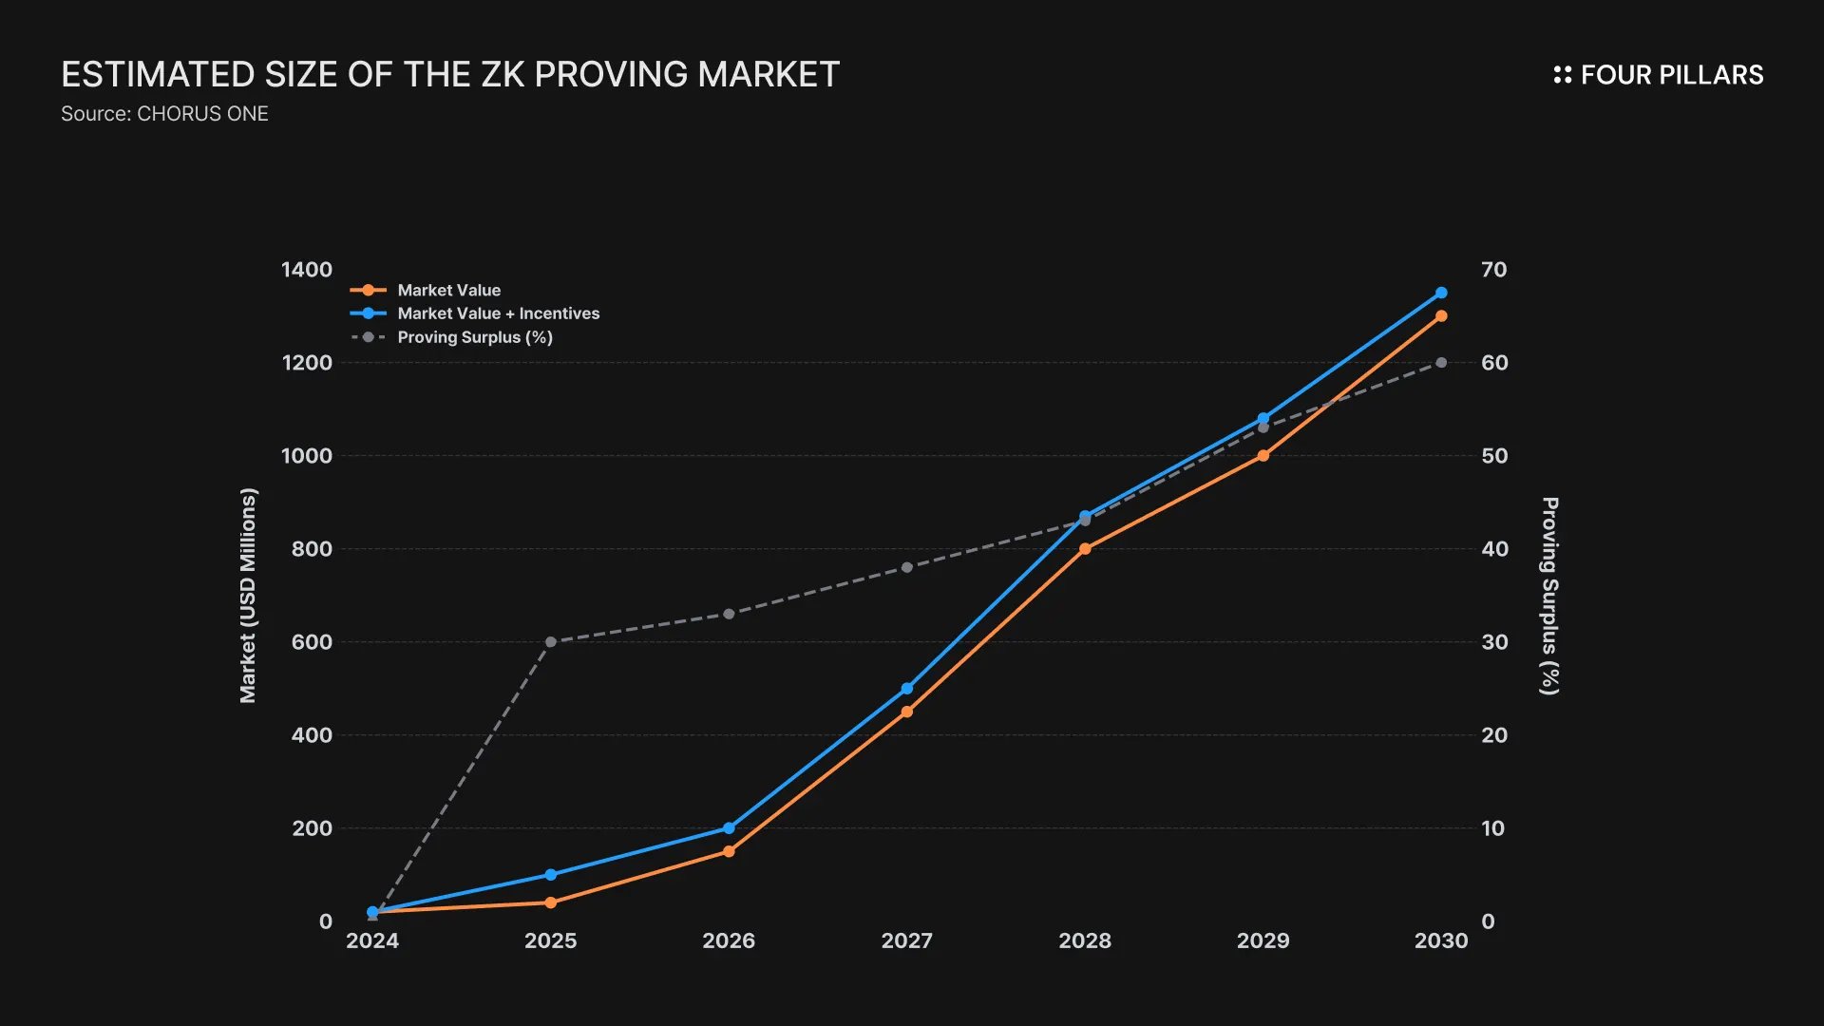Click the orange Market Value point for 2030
(x=1441, y=316)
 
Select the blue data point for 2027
(x=906, y=688)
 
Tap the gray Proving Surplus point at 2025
(x=551, y=642)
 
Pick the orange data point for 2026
(x=729, y=851)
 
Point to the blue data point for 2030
(x=1441, y=293)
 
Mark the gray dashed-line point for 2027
(x=906, y=567)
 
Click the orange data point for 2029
(x=1263, y=456)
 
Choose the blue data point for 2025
(x=551, y=874)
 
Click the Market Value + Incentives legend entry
(x=498, y=313)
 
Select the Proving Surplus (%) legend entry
(x=474, y=337)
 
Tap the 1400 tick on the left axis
(x=307, y=270)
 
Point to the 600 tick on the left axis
(x=312, y=642)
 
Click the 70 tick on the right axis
(x=1493, y=270)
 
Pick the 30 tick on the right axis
(x=1494, y=642)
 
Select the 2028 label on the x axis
(x=1085, y=940)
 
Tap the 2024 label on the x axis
(x=372, y=940)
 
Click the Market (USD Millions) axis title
(x=248, y=596)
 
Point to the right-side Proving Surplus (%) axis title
(x=1549, y=596)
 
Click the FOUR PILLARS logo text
(x=1671, y=75)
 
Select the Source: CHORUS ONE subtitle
(x=164, y=114)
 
